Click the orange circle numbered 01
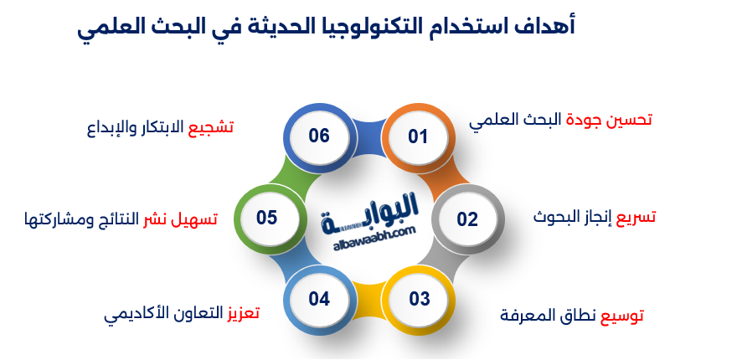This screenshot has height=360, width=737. (x=417, y=136)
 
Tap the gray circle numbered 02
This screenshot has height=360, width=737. (x=466, y=219)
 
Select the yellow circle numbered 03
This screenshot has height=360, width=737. (x=419, y=299)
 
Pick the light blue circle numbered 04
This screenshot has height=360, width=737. (x=319, y=299)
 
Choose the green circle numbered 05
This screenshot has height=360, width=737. (x=267, y=218)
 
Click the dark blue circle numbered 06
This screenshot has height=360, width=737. (x=319, y=136)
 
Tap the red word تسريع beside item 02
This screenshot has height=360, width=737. (x=636, y=217)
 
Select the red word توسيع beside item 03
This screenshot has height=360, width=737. (x=624, y=316)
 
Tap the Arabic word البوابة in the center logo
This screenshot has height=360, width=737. (x=369, y=218)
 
